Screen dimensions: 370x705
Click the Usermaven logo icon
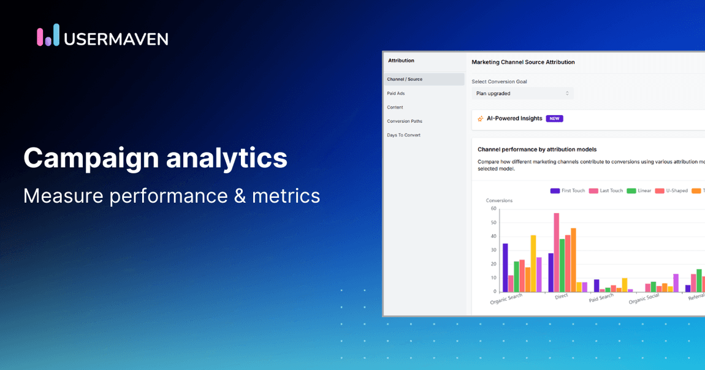pos(48,36)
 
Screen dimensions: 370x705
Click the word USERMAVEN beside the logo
pos(116,39)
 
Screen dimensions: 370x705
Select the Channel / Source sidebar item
pos(405,80)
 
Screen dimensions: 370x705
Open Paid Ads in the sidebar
pos(396,94)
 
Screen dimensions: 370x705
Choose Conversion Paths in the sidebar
pos(405,121)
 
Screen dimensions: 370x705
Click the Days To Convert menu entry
pos(404,135)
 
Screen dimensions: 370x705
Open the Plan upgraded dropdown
pos(522,94)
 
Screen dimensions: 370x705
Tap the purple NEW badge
pos(554,119)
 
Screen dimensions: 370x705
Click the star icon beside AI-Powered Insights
pos(480,119)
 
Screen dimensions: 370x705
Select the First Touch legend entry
pos(568,191)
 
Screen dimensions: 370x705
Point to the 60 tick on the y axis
pos(493,209)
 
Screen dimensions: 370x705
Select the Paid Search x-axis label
pos(601,298)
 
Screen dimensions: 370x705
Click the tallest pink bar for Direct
pos(557,252)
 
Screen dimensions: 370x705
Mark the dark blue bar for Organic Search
pos(505,268)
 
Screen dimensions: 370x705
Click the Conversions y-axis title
pos(499,200)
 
